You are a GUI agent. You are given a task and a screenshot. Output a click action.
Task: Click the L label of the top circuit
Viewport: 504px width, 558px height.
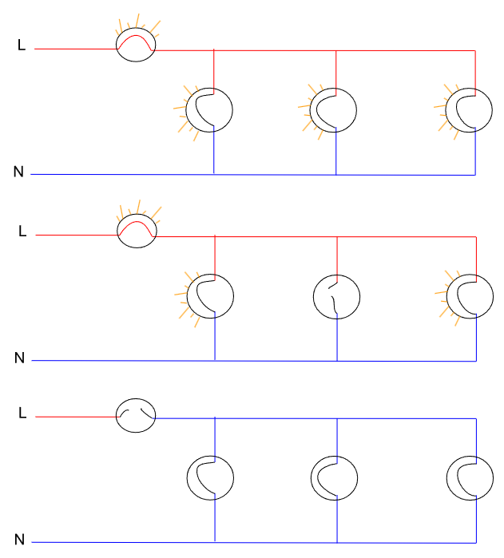tap(22, 46)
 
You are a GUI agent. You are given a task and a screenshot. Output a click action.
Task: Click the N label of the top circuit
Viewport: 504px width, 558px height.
tap(18, 171)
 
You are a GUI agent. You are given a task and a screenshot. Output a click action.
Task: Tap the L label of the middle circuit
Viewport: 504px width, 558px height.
tap(22, 232)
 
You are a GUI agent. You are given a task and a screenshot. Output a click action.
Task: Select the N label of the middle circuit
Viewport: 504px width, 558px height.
tap(19, 358)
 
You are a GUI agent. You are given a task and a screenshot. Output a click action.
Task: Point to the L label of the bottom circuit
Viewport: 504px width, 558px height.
tap(22, 414)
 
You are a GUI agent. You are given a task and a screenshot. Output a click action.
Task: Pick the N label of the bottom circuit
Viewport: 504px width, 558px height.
tap(19, 540)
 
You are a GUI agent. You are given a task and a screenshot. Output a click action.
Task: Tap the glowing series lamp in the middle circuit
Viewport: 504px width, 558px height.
tap(137, 230)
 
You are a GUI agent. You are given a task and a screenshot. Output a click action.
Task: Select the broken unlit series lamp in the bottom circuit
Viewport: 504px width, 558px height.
tap(136, 415)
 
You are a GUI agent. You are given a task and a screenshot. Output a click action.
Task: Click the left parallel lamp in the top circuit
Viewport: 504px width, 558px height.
tap(209, 109)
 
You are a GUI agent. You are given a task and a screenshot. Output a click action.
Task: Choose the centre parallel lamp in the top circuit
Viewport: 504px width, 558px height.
tap(334, 109)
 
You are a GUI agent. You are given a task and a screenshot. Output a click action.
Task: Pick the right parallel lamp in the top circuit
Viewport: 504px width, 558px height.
tap(470, 109)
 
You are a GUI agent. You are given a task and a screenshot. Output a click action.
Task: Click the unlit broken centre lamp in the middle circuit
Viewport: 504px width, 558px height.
tap(335, 296)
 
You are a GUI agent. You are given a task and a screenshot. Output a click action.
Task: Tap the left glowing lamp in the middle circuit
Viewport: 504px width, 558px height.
tap(210, 296)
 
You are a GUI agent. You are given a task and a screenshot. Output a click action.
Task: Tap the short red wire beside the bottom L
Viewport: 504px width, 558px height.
tap(76, 417)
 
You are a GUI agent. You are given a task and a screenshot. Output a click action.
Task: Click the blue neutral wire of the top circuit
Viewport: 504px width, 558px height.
tap(120, 174)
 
